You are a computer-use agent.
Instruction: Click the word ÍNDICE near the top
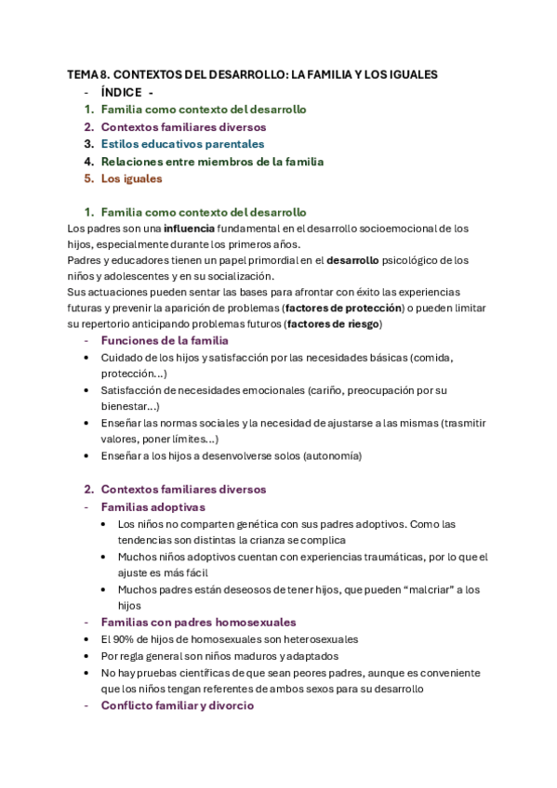[121, 92]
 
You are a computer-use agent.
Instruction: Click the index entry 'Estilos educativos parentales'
[182, 144]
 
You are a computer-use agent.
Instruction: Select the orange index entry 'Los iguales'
[131, 178]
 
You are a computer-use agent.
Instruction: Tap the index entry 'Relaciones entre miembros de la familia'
[212, 162]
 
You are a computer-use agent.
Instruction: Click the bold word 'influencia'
[189, 228]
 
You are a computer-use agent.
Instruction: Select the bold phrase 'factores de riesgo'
[332, 324]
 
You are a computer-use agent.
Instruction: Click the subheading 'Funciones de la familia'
[164, 341]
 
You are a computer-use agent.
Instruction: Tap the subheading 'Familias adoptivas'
[153, 507]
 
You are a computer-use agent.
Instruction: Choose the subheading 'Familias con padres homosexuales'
[198, 623]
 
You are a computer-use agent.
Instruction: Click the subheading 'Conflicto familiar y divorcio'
[177, 705]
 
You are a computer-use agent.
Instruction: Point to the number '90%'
[126, 639]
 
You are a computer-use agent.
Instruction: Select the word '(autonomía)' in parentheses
[330, 456]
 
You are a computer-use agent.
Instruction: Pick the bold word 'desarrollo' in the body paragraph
[358, 261]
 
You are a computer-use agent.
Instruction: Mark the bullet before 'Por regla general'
[87, 656]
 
